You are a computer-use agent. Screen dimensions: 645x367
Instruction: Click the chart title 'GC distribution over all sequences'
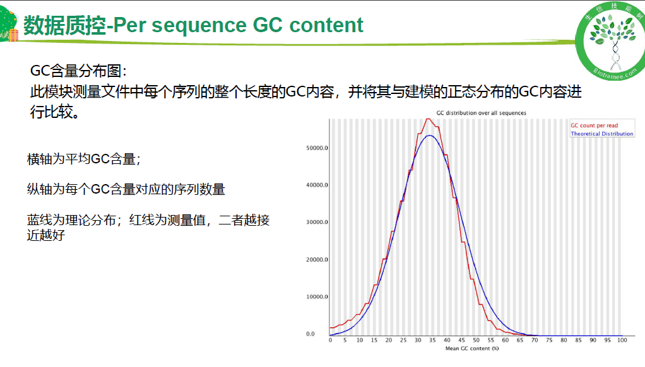[x=481, y=113]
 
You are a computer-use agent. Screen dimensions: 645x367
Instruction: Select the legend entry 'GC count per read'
[x=594, y=125]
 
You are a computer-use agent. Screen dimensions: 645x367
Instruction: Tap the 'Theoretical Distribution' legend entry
[x=602, y=134]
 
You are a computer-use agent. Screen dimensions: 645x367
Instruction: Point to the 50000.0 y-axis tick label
[x=317, y=148]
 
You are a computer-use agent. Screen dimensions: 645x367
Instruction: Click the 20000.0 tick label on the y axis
[x=317, y=260]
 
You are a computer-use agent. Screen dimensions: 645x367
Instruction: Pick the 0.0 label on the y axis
[x=310, y=334]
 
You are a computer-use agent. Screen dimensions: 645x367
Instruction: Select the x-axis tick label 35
[x=432, y=341]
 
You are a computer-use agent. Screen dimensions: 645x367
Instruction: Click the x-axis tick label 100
[x=622, y=341]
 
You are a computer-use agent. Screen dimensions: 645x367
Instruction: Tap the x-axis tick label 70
[x=535, y=341]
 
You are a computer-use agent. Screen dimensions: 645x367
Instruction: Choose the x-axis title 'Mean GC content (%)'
[x=472, y=349]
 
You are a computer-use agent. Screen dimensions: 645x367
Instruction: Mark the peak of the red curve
[x=429, y=119]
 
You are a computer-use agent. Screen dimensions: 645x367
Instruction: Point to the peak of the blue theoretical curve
[x=429, y=135]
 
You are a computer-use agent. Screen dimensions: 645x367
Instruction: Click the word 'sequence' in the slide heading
[x=199, y=26]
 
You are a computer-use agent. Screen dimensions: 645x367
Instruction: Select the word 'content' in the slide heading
[x=326, y=25]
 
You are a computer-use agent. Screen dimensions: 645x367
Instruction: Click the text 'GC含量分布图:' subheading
[x=78, y=71]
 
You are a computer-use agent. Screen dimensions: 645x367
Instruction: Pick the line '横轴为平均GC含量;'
[x=84, y=159]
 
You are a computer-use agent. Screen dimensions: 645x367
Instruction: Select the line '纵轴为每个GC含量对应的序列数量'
[x=126, y=189]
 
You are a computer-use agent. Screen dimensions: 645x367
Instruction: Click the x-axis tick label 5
[x=345, y=341]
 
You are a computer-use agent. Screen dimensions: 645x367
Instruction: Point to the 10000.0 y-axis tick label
[x=317, y=297]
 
